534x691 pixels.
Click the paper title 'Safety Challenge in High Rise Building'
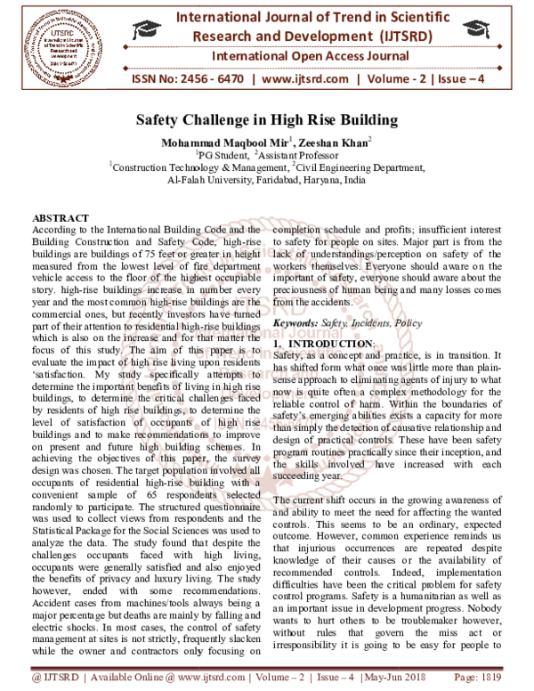(267, 118)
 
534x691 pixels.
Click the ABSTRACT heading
(61, 218)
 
